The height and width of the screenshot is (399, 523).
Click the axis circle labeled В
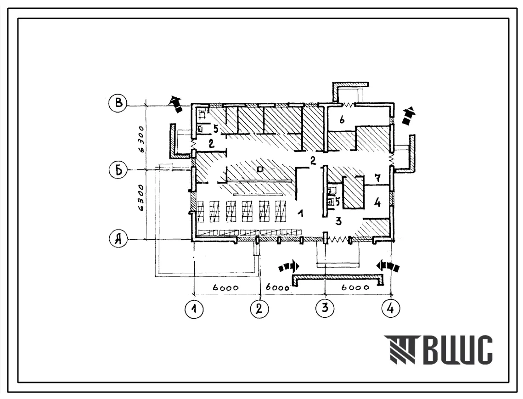(x=118, y=103)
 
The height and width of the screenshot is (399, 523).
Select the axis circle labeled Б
(x=118, y=170)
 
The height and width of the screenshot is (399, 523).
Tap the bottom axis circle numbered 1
(x=194, y=309)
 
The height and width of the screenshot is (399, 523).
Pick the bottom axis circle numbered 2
(x=259, y=309)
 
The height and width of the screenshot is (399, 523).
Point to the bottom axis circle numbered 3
(x=325, y=308)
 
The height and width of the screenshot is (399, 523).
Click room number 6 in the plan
(x=342, y=119)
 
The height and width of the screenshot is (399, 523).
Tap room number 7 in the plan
(x=377, y=178)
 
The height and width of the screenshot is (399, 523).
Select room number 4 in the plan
(x=377, y=202)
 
